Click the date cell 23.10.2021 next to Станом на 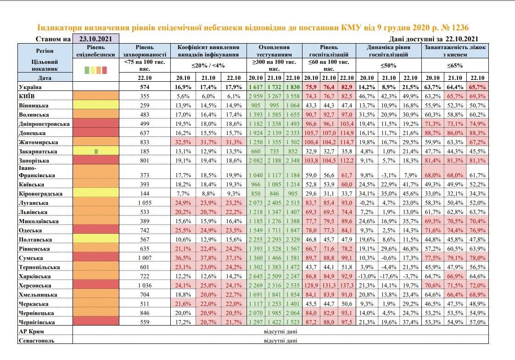(96, 39)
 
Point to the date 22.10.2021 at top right (460, 39)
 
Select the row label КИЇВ (27, 96)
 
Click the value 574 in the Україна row (145, 87)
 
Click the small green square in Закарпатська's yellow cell (96, 151)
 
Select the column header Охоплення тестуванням (274, 51)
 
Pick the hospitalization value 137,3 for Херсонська (346, 286)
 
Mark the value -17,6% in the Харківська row (389, 276)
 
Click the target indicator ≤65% (455, 65)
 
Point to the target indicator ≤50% (389, 65)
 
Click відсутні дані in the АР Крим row (280, 332)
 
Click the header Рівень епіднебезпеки (96, 51)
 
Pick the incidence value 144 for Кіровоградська (145, 194)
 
